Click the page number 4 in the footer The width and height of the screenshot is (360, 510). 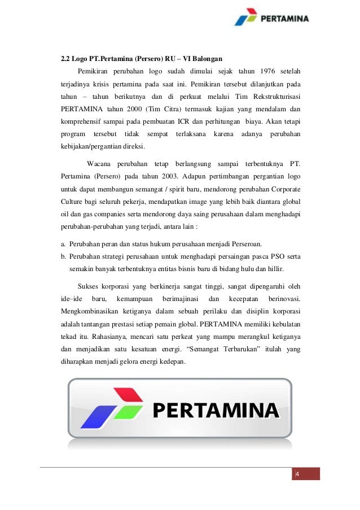point(297,474)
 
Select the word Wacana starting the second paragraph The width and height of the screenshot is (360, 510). point(99,163)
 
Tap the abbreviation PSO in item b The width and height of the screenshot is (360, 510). point(271,256)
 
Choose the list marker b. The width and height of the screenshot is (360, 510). point(63,256)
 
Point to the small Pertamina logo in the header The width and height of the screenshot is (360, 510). point(271,18)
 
